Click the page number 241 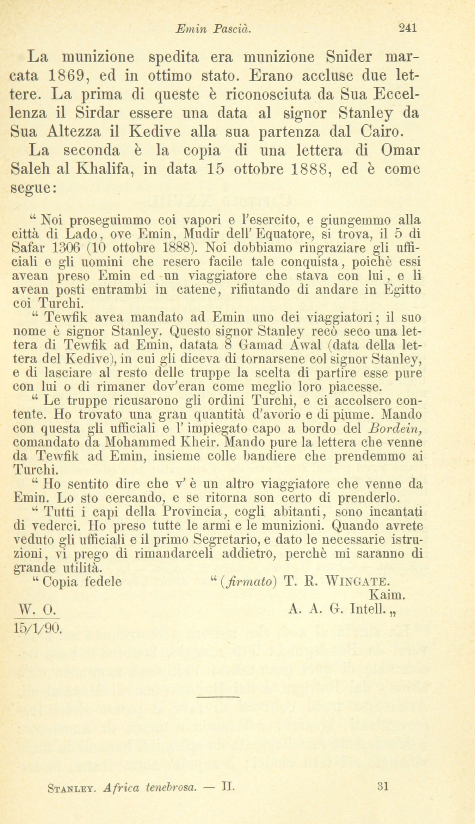(408, 28)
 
